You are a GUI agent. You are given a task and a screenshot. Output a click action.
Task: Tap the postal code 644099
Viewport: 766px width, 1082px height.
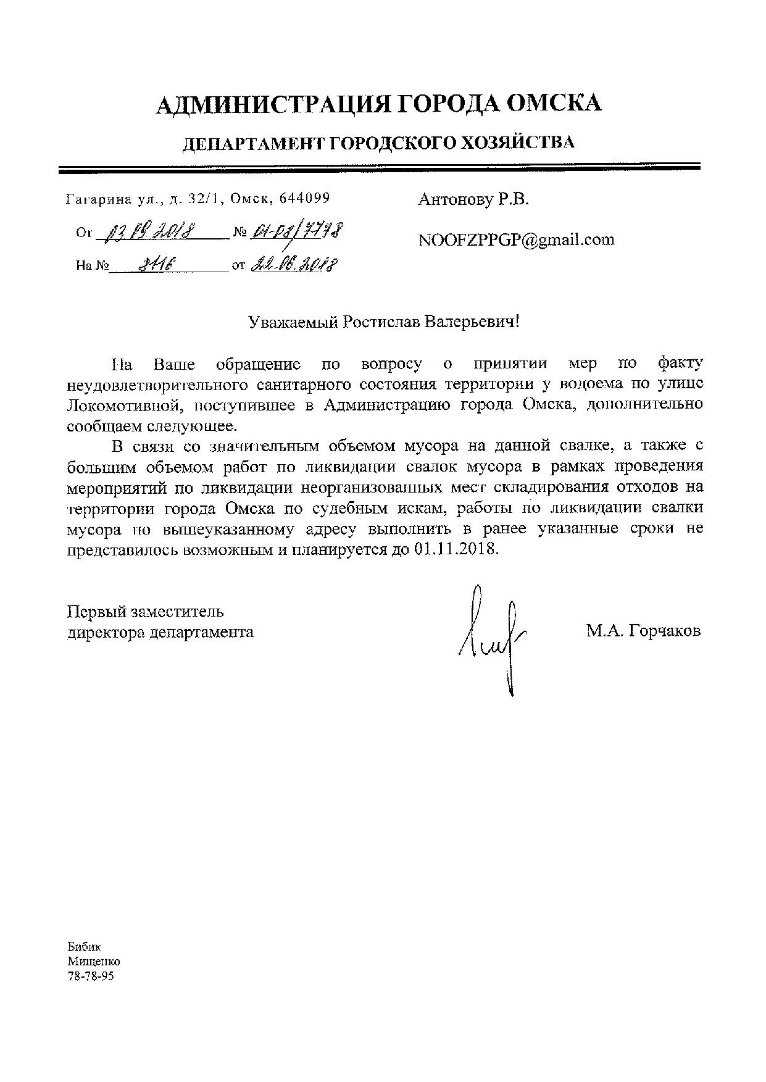[304, 198]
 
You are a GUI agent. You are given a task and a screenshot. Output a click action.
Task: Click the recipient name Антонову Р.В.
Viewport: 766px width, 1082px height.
[473, 199]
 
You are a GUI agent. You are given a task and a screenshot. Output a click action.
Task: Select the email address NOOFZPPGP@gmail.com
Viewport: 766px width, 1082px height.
[516, 240]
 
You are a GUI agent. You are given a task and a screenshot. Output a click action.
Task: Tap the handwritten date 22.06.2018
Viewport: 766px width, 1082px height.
[294, 266]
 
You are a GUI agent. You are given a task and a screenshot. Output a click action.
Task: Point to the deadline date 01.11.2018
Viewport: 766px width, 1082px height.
[452, 549]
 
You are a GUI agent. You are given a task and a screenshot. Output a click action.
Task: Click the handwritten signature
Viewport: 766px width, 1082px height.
[491, 636]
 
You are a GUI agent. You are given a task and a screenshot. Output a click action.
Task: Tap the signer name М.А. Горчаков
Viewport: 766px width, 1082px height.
[643, 631]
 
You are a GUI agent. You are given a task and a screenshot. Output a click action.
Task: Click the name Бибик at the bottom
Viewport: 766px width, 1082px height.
[83, 947]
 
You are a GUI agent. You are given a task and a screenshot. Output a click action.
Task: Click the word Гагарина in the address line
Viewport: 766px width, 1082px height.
[98, 199]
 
